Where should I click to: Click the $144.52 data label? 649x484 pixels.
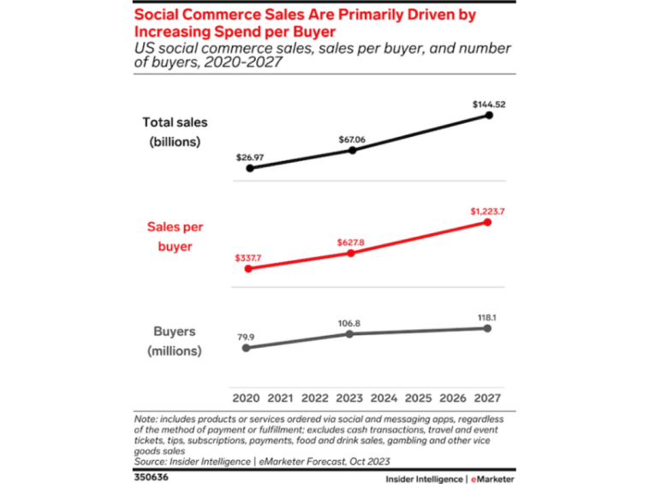point(488,105)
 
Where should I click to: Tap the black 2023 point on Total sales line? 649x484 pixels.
point(352,150)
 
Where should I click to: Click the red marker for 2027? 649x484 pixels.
point(488,222)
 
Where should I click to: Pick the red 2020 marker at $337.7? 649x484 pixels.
point(248,268)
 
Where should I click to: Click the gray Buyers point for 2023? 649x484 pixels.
point(350,333)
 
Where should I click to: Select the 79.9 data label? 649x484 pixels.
point(247,337)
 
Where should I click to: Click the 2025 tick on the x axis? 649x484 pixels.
point(418,397)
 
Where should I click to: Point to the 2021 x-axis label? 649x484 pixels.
point(281,397)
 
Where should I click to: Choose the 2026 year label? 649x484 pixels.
point(452,397)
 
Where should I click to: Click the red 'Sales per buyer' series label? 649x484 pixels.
point(175,236)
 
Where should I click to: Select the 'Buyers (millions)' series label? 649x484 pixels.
point(174,341)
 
